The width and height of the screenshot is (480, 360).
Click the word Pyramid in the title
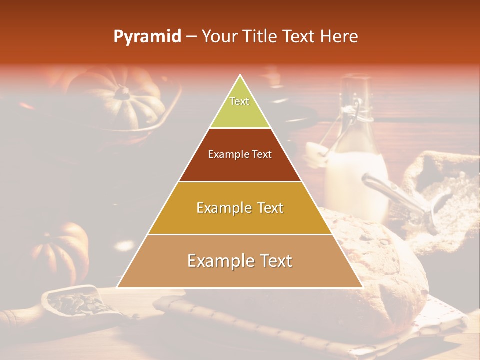tap(147, 37)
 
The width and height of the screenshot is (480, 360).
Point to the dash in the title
tap(191, 37)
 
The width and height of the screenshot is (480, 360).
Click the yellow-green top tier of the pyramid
tap(240, 107)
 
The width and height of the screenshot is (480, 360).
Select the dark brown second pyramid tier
tap(240, 155)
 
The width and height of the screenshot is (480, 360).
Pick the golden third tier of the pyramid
tap(240, 208)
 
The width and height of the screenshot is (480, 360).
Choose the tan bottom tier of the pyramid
tap(240, 261)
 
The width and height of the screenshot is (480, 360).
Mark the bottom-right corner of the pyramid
tap(362, 287)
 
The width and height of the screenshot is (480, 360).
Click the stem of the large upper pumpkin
tap(122, 92)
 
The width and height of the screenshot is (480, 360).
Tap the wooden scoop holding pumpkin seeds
tap(75, 302)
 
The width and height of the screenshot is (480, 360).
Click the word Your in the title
tap(219, 37)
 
